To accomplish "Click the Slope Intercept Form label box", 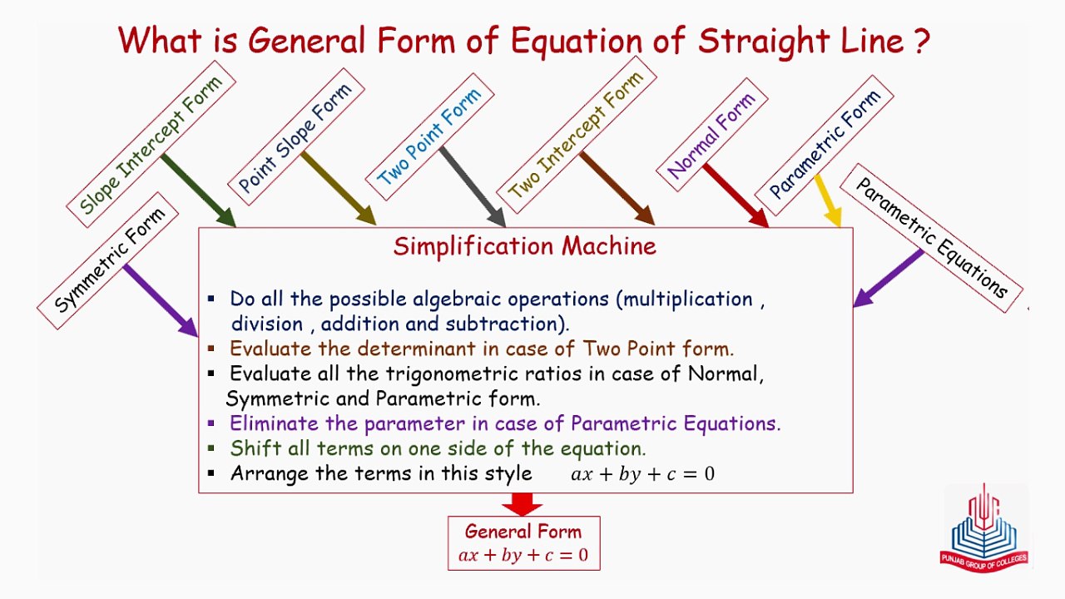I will (151, 143).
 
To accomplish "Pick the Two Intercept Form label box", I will (577, 134).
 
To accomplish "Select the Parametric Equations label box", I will (931, 238).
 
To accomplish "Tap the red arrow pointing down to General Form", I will (523, 504).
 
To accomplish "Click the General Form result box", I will (523, 543).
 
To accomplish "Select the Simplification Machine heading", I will (525, 246).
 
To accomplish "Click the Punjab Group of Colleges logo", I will (986, 528).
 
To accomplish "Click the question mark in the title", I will (920, 42).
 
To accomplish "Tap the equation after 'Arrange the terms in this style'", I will (642, 474).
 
